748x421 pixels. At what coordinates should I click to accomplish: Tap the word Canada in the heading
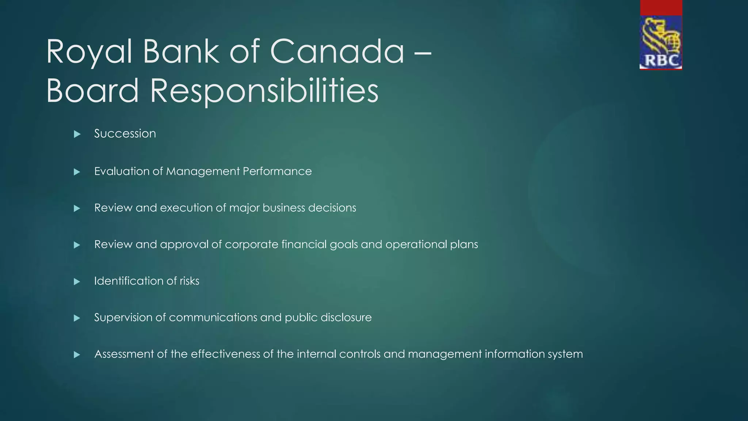[x=337, y=52]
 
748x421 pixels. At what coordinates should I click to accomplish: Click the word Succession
[x=125, y=134]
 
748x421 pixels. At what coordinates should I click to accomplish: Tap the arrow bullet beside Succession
[x=77, y=134]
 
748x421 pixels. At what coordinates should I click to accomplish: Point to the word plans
[x=464, y=244]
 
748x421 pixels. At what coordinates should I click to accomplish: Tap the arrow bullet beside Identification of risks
[x=77, y=281]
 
